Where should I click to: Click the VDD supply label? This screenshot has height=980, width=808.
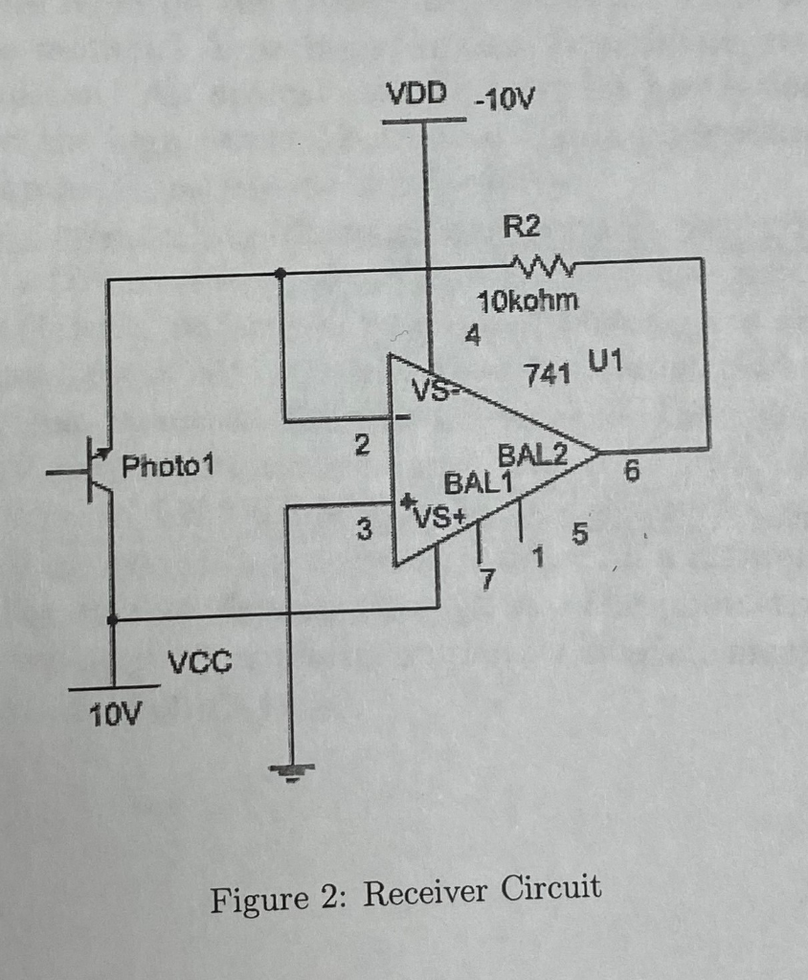(416, 94)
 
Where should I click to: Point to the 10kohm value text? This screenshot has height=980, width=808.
(527, 301)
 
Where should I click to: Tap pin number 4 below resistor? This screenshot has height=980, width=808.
(472, 336)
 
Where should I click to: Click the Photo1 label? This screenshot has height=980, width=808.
(168, 467)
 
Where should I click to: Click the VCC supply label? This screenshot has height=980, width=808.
(199, 661)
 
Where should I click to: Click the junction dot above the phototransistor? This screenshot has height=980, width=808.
(280, 274)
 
